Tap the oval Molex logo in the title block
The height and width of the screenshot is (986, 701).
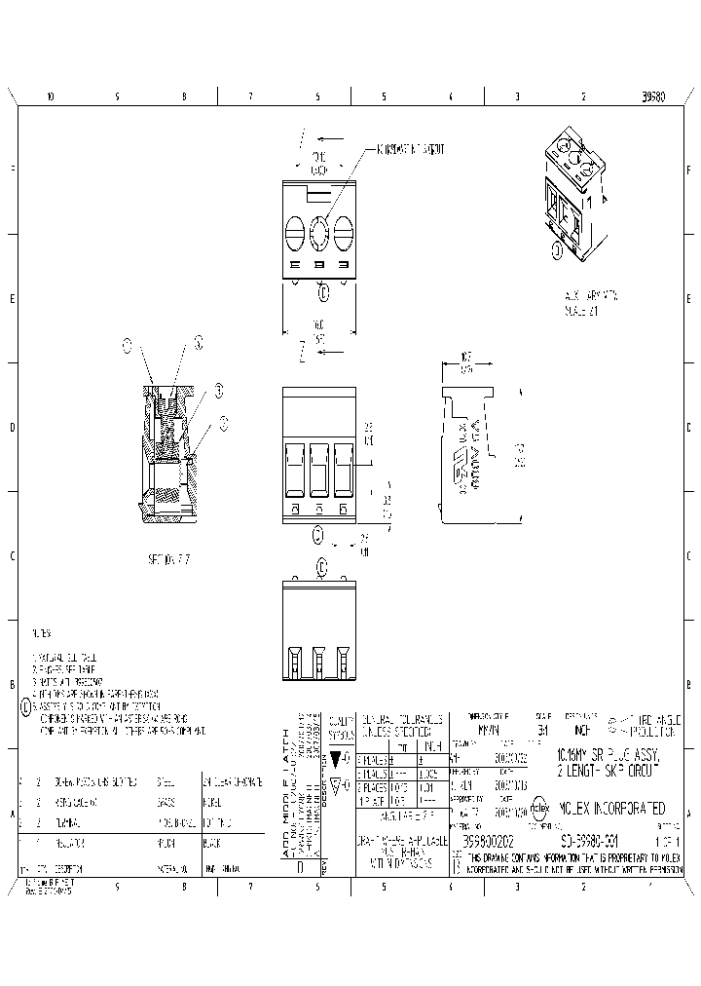tap(540, 809)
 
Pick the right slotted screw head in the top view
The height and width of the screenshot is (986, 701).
tap(341, 234)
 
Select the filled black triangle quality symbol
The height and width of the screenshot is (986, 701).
tap(336, 757)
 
